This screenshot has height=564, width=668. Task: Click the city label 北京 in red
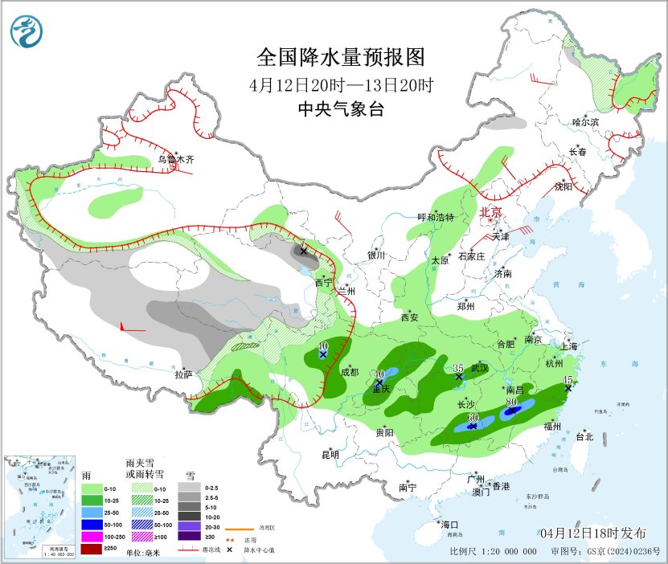tap(490, 213)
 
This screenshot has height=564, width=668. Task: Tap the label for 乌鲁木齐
tap(176, 159)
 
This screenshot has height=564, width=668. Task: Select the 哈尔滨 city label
tap(586, 122)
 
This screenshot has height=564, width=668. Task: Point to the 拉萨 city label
tap(184, 374)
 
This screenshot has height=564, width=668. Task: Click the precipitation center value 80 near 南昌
tap(511, 403)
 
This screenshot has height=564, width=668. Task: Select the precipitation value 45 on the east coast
tap(568, 380)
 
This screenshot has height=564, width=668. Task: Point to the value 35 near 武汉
tap(458, 367)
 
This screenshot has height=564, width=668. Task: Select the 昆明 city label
tap(330, 455)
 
